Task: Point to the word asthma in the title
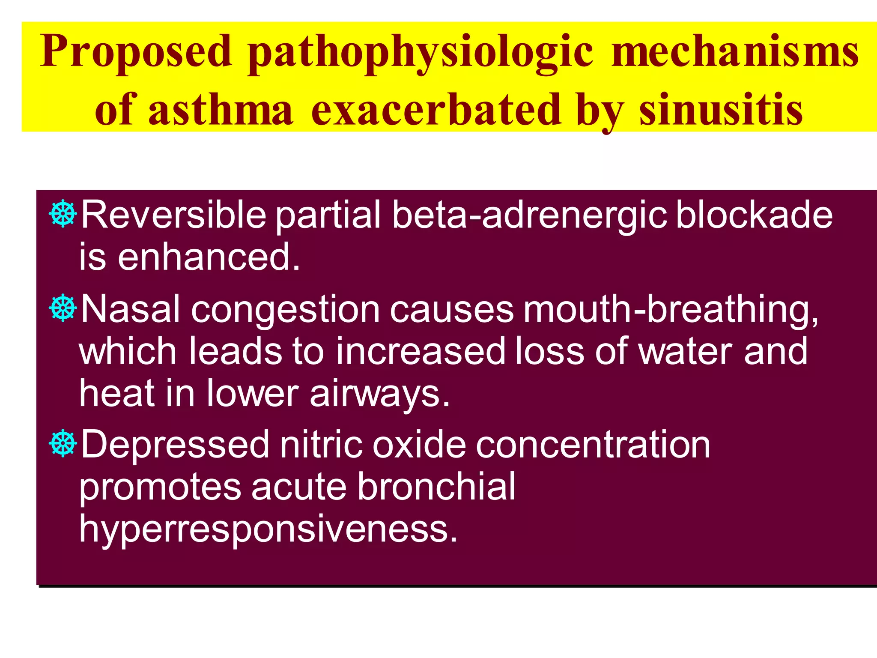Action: coord(221,110)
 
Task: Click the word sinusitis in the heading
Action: coord(721,110)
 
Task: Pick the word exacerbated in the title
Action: coord(436,110)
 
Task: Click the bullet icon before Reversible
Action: coord(63,213)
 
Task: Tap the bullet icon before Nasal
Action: coord(63,308)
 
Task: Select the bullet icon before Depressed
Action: coord(63,443)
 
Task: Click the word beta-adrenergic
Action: coord(529,215)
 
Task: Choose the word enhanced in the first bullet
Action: coord(209,257)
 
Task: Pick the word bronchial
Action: coord(436,487)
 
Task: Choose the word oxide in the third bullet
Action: coord(419,445)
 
